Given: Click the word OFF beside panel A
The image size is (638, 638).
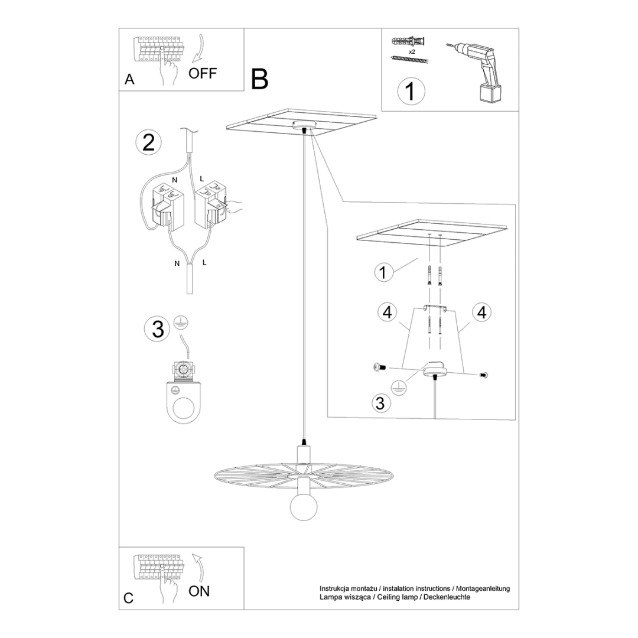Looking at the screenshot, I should coord(203,73).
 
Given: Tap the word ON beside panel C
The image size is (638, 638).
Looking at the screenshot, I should coord(199,591).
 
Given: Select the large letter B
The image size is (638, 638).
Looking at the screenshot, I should coord(259,79).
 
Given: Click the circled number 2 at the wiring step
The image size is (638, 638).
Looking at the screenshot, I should coord(148,142).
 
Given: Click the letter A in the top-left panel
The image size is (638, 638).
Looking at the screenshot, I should coord(130,79).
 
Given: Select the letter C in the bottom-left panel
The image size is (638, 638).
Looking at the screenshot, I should coord(129,598).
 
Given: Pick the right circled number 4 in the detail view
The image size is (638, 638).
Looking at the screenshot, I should coord(481,313).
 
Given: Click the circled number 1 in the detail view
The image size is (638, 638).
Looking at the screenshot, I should coord(384,272).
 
